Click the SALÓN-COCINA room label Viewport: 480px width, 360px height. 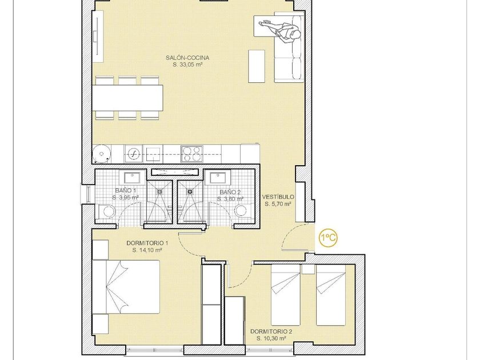[187, 58]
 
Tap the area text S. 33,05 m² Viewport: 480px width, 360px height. [187, 65]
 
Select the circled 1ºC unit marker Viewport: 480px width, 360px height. [329, 238]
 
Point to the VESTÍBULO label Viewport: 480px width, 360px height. [278, 197]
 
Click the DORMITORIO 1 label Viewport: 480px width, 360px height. [147, 243]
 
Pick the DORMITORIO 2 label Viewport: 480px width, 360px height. [271, 331]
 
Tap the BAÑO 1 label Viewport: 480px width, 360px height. [125, 190]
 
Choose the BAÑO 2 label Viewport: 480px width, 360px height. [230, 192]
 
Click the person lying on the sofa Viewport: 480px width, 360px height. [279, 30]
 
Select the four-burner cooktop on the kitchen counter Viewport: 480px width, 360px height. [192, 154]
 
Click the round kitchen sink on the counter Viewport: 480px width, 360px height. [134, 154]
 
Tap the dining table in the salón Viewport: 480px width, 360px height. [127, 98]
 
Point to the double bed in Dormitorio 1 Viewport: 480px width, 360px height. [126, 287]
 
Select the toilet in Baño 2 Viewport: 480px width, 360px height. [243, 211]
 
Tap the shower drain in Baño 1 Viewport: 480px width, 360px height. [160, 191]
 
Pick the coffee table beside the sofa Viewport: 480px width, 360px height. [257, 66]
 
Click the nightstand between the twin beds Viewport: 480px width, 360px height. [307, 269]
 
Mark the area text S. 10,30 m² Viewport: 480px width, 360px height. [271, 338]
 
